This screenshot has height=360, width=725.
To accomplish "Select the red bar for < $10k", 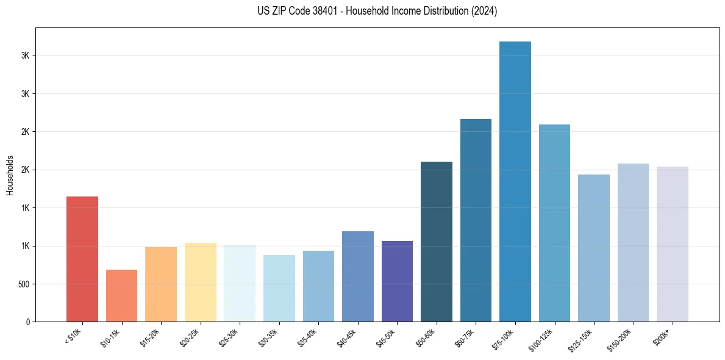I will pos(82,259).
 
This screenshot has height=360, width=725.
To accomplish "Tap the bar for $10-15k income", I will pos(121,295).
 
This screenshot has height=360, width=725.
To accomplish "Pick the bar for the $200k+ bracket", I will pos(673,244).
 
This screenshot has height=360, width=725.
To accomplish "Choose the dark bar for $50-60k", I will pos(437,242).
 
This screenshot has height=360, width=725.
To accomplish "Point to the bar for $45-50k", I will pos(397,281).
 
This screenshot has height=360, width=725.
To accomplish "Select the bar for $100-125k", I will pos(554,223).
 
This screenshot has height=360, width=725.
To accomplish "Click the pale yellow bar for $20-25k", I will pos(200,282).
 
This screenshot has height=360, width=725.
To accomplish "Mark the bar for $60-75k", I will pos(476,220).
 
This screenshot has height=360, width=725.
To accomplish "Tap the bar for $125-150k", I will pos(594,248).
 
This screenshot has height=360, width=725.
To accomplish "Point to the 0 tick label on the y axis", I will pos(27,322).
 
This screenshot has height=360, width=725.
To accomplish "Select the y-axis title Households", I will pos(10,175).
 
